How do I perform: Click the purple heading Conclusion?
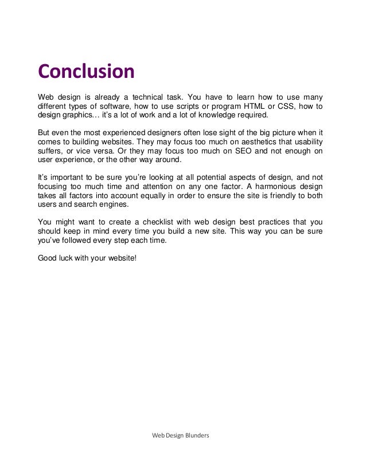86,73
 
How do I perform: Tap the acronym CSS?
293,106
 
